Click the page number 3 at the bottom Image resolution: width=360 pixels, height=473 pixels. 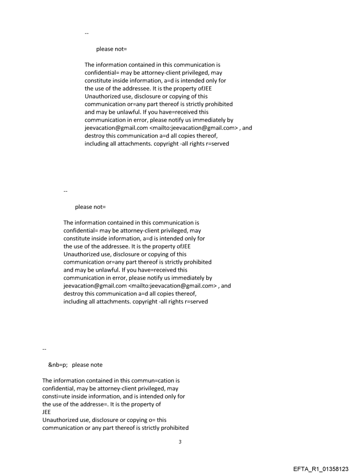click(x=180, y=442)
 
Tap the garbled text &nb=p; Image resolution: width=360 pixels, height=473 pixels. click(x=57, y=365)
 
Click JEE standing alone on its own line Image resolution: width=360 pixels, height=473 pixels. click(x=46, y=412)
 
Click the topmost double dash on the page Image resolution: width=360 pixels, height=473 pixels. click(x=86, y=34)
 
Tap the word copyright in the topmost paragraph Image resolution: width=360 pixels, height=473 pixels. click(x=167, y=144)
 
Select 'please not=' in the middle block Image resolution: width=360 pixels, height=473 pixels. click(x=90, y=207)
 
